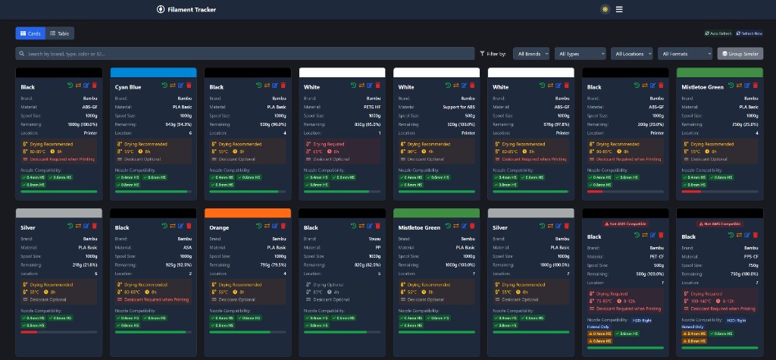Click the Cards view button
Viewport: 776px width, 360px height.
30,33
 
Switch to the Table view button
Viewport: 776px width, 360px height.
61,33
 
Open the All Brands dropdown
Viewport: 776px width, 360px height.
531,54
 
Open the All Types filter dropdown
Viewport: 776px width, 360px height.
580,54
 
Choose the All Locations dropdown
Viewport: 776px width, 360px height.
633,54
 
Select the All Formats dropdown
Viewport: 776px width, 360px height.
685,54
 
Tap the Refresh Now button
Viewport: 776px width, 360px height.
749,33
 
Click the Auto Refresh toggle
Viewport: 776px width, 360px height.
717,33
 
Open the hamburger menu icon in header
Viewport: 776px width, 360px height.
619,9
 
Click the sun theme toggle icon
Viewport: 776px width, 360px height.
605,9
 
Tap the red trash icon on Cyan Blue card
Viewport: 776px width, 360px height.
190,86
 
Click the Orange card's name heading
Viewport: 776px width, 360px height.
219,227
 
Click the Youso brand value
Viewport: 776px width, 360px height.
375,238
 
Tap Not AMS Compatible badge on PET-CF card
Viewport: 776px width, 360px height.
624,224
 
